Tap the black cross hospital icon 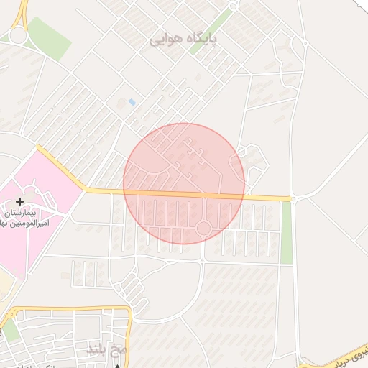click(19, 201)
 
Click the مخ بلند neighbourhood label click(106, 349)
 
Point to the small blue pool click(132, 103)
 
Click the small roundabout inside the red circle click(203, 229)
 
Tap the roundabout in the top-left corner click(17, 35)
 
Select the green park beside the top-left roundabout click(49, 37)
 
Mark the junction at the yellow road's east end click(293, 198)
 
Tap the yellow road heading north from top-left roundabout click(24, 11)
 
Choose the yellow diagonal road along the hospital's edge click(60, 169)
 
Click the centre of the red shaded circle click(184, 184)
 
